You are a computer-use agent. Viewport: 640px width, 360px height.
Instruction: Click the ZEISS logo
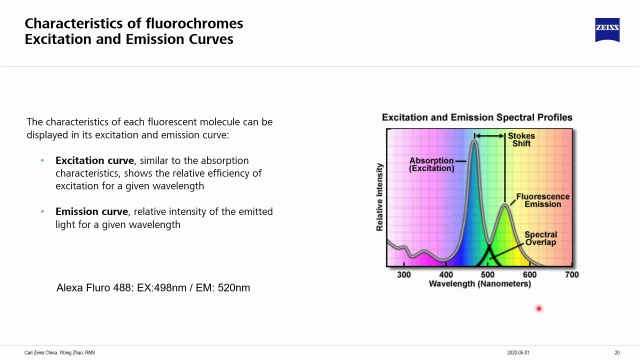point(602,29)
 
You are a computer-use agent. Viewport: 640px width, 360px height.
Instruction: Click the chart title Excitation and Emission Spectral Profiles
point(477,118)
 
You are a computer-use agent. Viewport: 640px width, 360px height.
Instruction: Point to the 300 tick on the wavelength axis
point(404,274)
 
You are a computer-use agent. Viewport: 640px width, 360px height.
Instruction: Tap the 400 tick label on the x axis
point(446,274)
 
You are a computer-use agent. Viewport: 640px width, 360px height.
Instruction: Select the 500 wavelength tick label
point(488,274)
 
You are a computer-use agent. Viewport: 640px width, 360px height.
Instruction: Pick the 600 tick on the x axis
point(530,274)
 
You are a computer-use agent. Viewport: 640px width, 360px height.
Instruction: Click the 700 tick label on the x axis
point(572,274)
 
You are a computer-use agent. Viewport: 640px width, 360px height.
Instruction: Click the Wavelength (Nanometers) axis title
point(487,284)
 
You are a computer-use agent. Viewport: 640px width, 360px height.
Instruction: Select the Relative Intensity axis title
point(381,196)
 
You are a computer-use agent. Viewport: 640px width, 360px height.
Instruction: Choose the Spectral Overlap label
point(546,239)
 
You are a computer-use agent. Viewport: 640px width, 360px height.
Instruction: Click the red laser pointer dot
point(538,308)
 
